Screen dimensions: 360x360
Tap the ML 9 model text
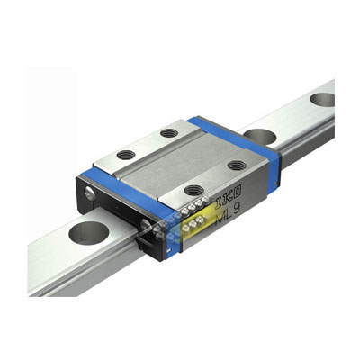pos(229,211)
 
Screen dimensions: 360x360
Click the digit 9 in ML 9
pos(237,209)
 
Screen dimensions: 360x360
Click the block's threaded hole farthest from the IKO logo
pos(169,132)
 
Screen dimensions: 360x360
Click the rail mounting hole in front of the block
pos(88,233)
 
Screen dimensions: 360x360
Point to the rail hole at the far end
pos(322,100)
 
